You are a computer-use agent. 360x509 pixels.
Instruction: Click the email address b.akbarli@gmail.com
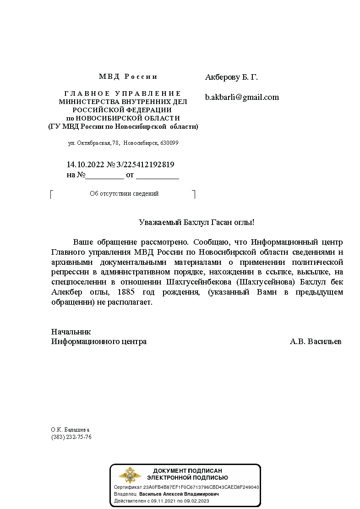click(x=242, y=97)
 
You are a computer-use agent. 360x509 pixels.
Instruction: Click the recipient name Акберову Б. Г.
click(x=231, y=77)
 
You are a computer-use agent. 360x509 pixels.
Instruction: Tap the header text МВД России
click(x=128, y=77)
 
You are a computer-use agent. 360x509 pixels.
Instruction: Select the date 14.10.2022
click(x=85, y=164)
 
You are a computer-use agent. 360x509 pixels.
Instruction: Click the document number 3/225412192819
click(x=145, y=164)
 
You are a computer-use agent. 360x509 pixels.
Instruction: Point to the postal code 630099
click(x=169, y=143)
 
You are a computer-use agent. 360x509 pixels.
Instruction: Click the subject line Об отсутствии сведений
click(x=124, y=194)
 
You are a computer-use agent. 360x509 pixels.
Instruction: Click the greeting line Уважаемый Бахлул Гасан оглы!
click(x=196, y=223)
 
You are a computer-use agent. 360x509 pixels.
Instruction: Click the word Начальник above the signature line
click(x=71, y=332)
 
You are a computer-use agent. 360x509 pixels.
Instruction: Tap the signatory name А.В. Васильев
click(x=315, y=342)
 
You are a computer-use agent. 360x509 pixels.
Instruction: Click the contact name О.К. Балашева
click(x=70, y=430)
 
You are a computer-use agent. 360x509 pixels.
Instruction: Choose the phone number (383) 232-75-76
click(x=71, y=437)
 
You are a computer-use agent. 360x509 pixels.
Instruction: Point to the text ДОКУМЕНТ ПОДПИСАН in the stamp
click(x=187, y=471)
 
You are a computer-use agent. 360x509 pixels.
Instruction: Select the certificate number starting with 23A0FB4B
click(x=201, y=487)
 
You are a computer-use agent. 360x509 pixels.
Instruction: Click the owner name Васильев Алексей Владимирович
click(x=179, y=494)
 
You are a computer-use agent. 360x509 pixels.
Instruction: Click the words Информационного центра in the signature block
click(x=99, y=342)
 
